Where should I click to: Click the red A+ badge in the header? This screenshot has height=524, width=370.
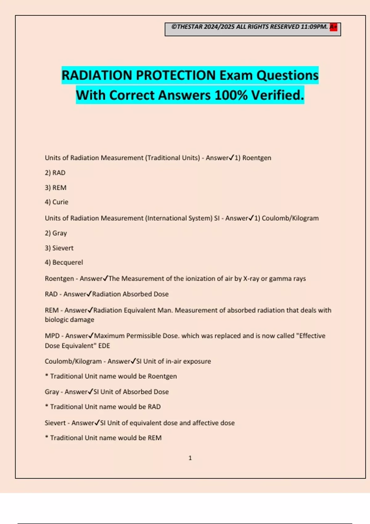pos(333,27)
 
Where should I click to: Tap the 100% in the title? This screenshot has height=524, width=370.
pos(231,95)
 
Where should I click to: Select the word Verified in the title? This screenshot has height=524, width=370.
pos(277,95)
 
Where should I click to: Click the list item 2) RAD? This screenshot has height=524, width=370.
pos(55,173)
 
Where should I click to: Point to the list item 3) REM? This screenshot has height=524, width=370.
pos(55,188)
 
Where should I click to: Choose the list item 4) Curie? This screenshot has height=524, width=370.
pos(56,202)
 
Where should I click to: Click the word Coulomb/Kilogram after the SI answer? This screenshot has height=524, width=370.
pos(290,218)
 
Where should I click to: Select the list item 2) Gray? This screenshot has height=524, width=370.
pos(56,233)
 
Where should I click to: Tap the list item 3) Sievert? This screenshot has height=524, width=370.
pos(59,248)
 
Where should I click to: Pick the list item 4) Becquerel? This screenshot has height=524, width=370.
pos(64,263)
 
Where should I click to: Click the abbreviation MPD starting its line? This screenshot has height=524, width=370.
pos(52,336)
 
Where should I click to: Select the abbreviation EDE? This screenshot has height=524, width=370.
pos(104,346)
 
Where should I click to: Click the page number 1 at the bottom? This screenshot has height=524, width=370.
pos(190,458)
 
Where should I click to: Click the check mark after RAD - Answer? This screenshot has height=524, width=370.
pos(89,294)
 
